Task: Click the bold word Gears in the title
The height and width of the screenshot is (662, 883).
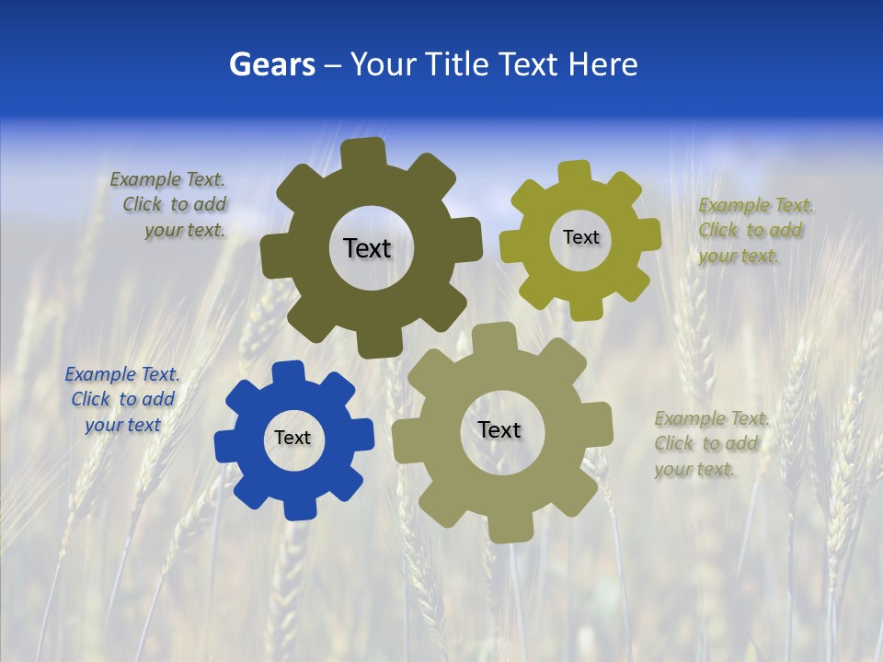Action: pyautogui.click(x=271, y=64)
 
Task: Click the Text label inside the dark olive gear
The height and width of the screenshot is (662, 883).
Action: pyautogui.click(x=367, y=248)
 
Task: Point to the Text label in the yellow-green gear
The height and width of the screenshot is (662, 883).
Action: pyautogui.click(x=580, y=237)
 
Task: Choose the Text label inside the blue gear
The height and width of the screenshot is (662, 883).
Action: pyautogui.click(x=292, y=438)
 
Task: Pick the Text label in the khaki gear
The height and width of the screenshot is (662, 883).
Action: pyautogui.click(x=499, y=429)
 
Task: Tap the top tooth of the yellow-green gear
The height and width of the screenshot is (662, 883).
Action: pyautogui.click(x=575, y=173)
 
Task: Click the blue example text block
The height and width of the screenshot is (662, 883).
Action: pyautogui.click(x=122, y=399)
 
